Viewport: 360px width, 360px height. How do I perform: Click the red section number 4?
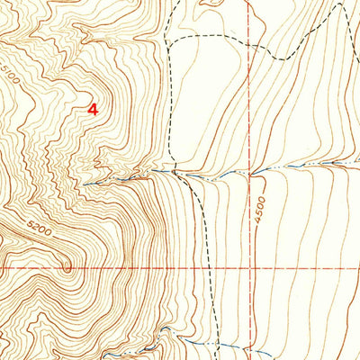pos(92,108)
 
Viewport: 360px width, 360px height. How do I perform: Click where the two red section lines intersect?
pos(249,269)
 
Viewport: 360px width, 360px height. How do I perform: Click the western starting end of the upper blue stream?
pos(86,184)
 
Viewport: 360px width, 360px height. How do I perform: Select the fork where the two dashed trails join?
pos(167,40)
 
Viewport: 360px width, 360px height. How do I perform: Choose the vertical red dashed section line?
pos(249,108)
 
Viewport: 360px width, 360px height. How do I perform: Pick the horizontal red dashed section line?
pos(117,269)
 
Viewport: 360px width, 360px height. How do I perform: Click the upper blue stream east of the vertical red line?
pos(297,167)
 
